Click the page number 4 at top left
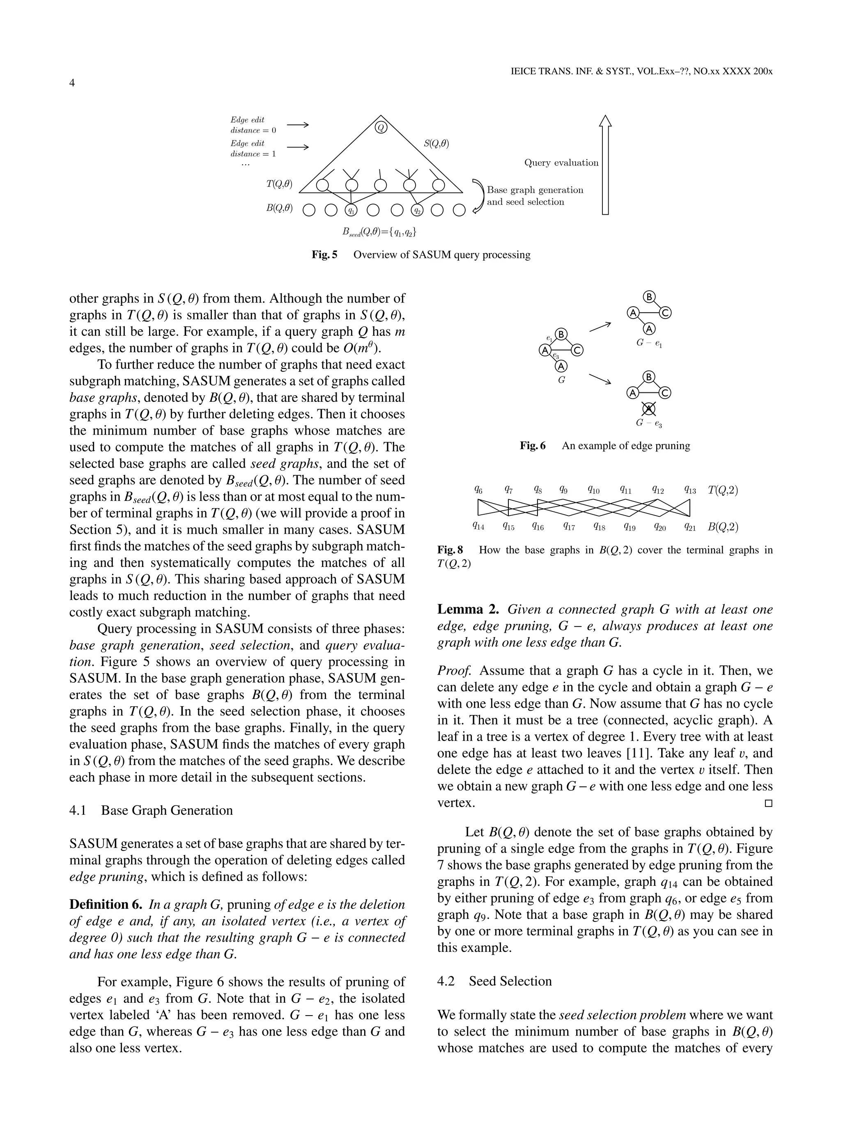coord(72,83)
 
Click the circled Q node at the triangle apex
coord(381,127)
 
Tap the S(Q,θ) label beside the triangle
coord(436,143)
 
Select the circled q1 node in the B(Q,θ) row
coord(351,210)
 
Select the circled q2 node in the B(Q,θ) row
coord(416,210)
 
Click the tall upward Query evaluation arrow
coord(605,165)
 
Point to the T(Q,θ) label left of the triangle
coord(279,184)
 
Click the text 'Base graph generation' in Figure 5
coord(535,190)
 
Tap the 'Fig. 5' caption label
coord(324,255)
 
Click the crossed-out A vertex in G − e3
coord(649,408)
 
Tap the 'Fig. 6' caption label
coord(533,446)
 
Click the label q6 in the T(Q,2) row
coord(478,490)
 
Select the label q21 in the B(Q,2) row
coord(689,527)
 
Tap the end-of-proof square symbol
coord(768,803)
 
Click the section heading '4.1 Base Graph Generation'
coord(151,810)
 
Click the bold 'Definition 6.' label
coord(106,905)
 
